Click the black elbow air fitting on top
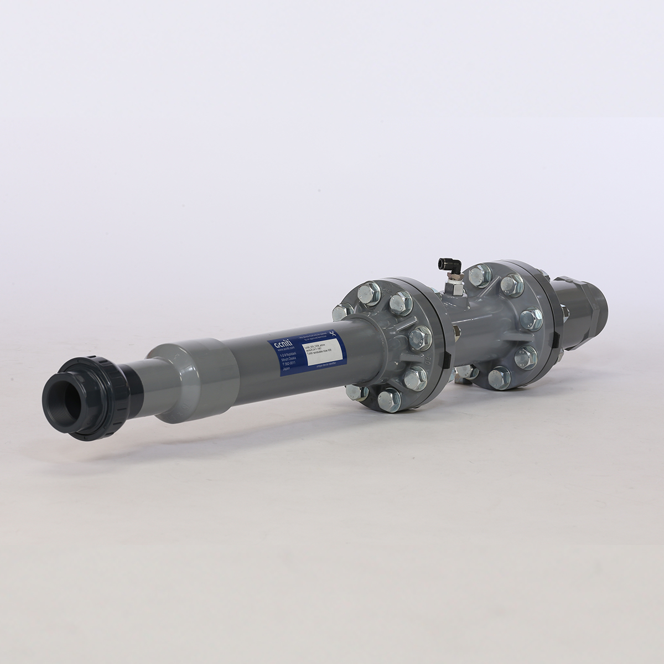tap(444, 264)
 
